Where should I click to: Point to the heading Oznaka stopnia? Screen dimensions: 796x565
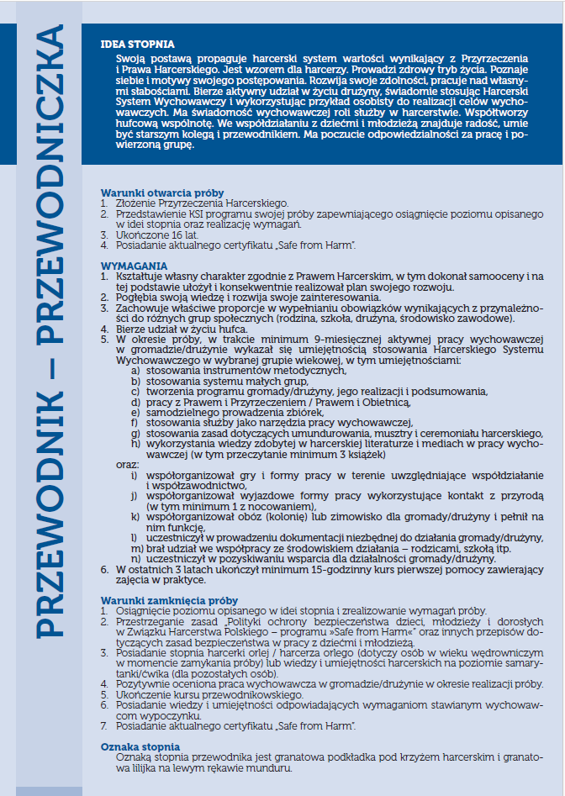[140, 747]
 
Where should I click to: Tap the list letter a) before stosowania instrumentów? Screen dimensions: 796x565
[135, 370]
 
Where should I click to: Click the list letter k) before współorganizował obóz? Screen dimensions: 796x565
[135, 517]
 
